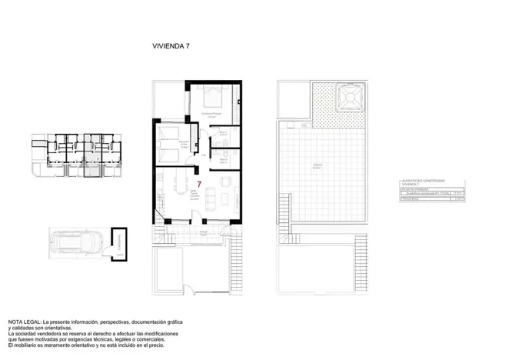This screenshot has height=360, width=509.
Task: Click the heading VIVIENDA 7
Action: (171, 46)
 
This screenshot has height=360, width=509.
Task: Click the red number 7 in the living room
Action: (199, 185)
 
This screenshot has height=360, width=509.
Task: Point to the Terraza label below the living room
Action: (204, 232)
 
